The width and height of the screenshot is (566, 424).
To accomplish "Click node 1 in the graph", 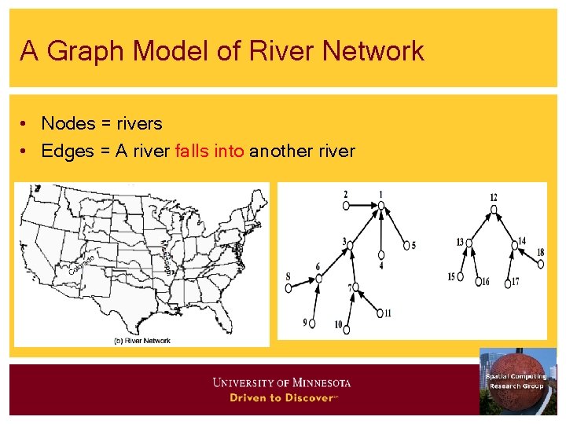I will click(x=381, y=206).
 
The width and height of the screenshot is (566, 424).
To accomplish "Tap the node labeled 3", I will click(x=351, y=245).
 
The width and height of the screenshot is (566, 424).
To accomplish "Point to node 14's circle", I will click(x=515, y=245).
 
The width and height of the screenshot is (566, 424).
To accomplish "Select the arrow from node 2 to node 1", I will click(x=363, y=206).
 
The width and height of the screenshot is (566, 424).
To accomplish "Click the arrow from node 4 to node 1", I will click(x=381, y=232).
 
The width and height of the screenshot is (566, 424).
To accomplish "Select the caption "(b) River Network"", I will click(x=143, y=341).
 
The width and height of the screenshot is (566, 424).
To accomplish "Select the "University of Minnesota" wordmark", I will click(x=281, y=383).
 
